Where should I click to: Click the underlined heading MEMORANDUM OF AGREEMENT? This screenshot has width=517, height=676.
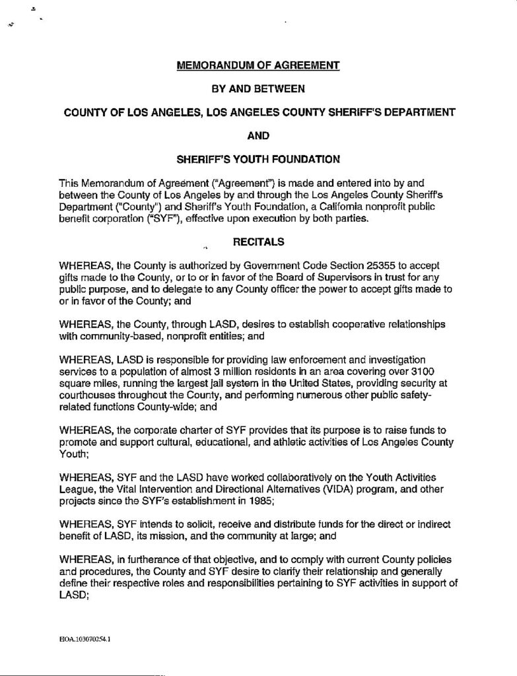point(258,65)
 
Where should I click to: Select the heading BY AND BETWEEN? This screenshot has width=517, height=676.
point(258,88)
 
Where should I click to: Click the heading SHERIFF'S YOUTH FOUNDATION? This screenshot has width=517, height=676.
point(258,158)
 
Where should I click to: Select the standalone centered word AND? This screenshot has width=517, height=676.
point(258,135)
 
